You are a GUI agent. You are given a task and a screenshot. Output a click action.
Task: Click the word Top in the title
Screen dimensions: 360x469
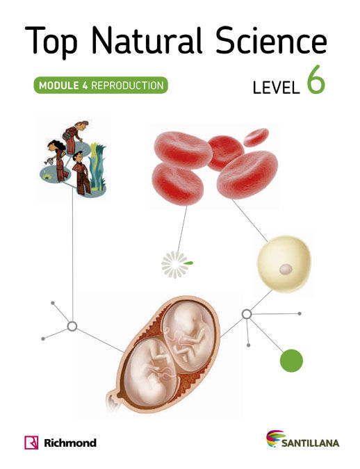51,42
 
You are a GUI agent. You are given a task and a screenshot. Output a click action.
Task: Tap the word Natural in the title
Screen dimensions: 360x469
147,40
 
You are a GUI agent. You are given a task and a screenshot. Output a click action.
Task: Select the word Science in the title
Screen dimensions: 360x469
271,40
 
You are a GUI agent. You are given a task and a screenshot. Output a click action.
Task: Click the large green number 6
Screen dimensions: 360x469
316,80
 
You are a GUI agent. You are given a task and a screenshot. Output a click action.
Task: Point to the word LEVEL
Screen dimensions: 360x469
276,88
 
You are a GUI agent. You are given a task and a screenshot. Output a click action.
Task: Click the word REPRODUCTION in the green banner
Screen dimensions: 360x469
127,85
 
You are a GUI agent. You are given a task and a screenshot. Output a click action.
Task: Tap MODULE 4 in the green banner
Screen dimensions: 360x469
63,85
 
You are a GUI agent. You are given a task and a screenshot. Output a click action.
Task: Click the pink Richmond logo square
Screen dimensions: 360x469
31,443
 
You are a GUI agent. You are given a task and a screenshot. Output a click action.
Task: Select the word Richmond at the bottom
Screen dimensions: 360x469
70,443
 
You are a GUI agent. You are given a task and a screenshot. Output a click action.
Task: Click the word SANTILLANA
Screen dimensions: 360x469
310,443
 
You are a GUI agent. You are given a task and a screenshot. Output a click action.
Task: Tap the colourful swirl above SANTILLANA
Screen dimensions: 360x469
275,438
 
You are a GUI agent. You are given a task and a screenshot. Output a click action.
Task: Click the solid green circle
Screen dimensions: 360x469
291,361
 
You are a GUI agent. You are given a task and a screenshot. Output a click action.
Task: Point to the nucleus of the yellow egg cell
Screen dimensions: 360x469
286,269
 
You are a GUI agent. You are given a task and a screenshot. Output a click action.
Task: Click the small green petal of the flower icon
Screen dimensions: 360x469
188,263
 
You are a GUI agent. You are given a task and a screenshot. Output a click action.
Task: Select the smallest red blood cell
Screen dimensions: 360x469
256,138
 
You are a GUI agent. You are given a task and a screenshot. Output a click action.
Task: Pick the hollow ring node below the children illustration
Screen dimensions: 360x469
72,327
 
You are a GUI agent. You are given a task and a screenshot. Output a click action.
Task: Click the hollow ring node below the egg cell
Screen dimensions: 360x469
247,314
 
